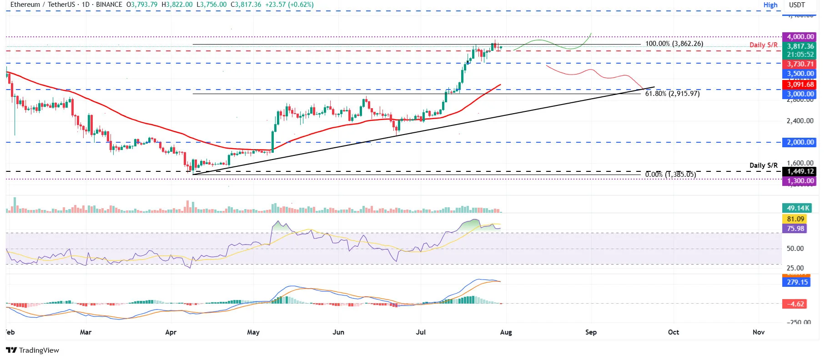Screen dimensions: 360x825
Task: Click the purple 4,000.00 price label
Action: [800, 37]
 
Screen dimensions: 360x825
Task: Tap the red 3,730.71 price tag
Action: [800, 64]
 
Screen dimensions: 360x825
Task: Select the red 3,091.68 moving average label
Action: [800, 85]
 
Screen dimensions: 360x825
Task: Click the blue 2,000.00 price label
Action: [800, 142]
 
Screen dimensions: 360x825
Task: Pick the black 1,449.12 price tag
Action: [800, 171]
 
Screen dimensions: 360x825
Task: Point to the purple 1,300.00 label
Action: [800, 181]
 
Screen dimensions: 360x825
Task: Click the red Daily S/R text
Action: [763, 45]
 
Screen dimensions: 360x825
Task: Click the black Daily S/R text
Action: [763, 165]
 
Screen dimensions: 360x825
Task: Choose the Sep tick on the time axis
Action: [591, 332]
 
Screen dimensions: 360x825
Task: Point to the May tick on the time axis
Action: [253, 332]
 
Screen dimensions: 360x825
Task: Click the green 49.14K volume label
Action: [798, 208]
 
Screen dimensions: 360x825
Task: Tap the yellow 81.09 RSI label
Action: [795, 219]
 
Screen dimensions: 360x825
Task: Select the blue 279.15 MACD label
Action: [797, 282]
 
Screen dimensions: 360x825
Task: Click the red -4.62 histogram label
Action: [796, 304]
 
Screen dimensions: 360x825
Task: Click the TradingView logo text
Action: [39, 350]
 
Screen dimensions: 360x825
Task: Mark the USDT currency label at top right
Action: [797, 5]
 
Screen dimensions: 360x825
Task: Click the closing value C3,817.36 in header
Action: [246, 5]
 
